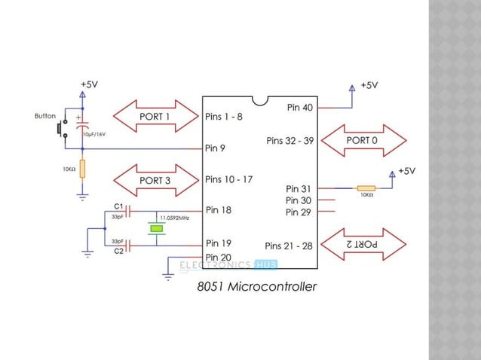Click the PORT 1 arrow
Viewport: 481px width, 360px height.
pyautogui.click(x=155, y=117)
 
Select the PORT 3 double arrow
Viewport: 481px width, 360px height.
pyautogui.click(x=155, y=181)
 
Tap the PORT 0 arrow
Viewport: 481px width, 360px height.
pyautogui.click(x=363, y=141)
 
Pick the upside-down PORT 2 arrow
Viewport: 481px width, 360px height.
pyautogui.click(x=363, y=245)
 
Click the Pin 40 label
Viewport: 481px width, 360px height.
pyautogui.click(x=299, y=108)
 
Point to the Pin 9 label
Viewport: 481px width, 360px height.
pyautogui.click(x=215, y=148)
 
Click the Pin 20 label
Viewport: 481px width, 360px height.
pyautogui.click(x=218, y=257)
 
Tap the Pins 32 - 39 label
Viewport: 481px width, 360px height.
pyautogui.click(x=290, y=141)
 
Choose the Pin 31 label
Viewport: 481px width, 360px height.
pyautogui.click(x=299, y=188)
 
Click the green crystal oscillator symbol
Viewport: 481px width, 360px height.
pyautogui.click(x=156, y=228)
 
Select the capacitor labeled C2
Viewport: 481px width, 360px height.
pyautogui.click(x=128, y=243)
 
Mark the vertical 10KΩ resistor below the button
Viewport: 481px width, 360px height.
pyautogui.click(x=82, y=169)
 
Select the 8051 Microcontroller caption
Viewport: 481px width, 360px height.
pyautogui.click(x=257, y=287)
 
